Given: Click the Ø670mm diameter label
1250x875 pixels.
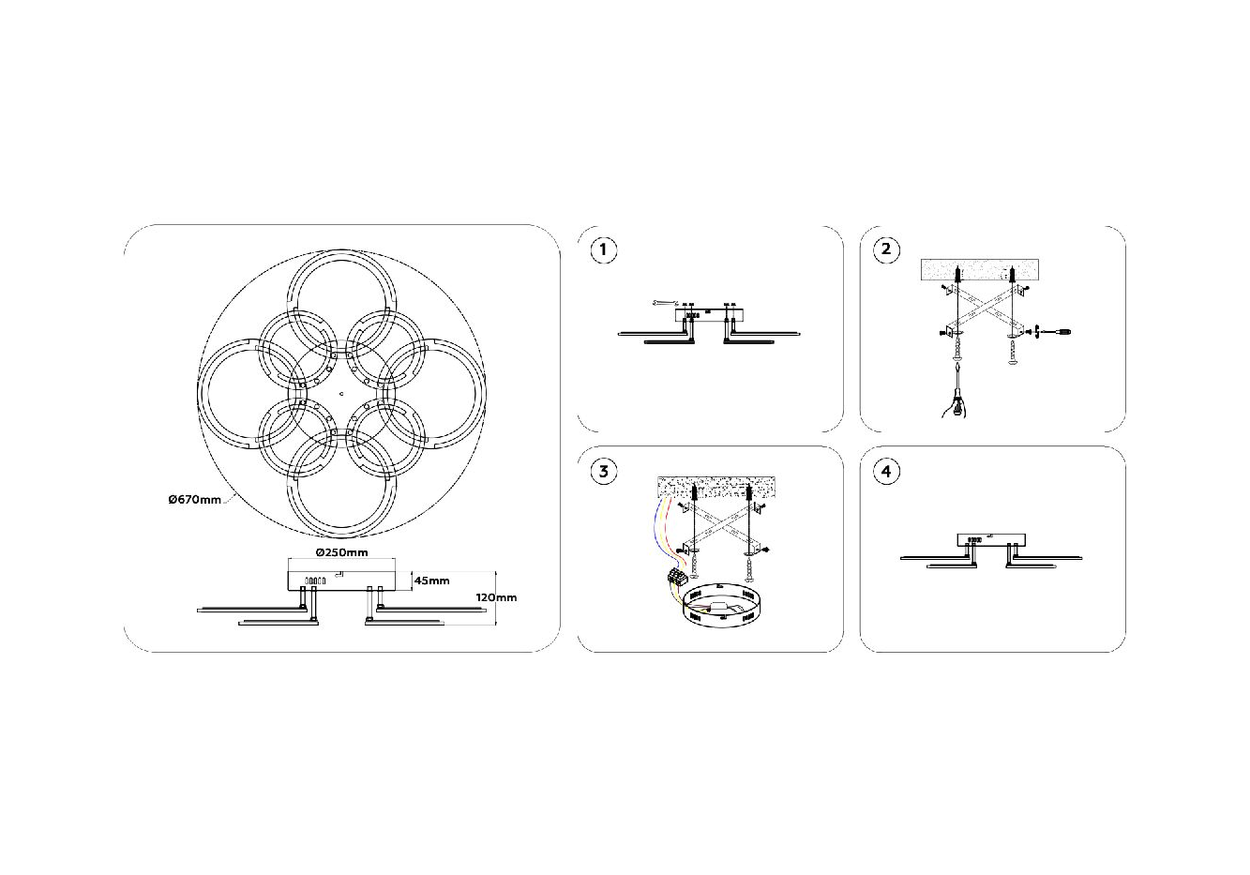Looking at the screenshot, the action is (195, 500).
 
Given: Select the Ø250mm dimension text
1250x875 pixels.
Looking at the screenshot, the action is (341, 552).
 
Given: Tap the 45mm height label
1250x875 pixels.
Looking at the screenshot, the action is (431, 581).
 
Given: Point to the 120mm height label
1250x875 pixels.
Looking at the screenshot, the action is (496, 597).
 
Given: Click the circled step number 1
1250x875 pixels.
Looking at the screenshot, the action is (603, 249).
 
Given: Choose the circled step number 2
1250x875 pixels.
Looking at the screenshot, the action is (886, 249).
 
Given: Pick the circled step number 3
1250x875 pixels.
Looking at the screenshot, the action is (603, 472).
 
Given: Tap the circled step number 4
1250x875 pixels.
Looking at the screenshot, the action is (886, 472).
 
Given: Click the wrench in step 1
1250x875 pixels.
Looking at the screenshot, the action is (664, 303).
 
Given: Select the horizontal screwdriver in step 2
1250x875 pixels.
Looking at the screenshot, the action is (1054, 333).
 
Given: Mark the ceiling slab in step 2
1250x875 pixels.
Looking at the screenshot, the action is (979, 270).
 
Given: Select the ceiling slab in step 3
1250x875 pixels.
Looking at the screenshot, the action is (716, 487).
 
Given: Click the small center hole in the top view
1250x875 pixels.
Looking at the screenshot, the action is (341, 393).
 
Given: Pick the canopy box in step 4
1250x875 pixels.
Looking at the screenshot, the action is (991, 540).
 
